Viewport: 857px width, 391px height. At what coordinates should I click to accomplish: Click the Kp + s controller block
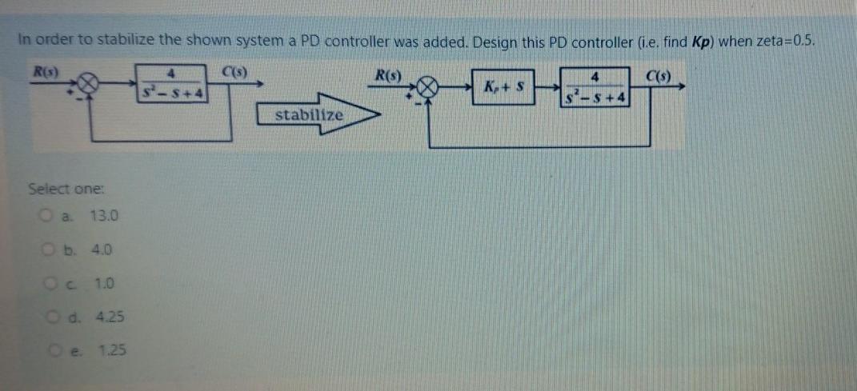point(511,86)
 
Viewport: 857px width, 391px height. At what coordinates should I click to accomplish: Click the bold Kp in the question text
point(699,42)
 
